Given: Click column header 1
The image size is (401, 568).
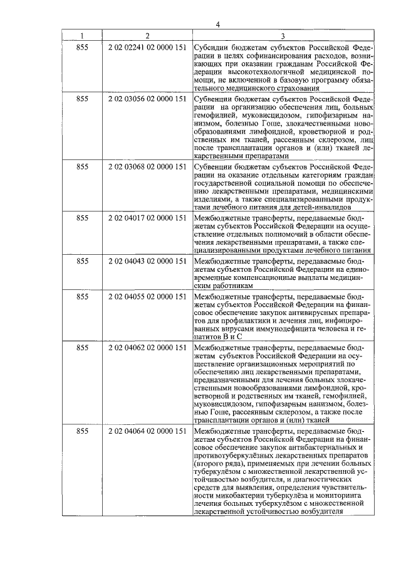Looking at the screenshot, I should pyautogui.click(x=81, y=36).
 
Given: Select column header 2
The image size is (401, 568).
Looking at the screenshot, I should pyautogui.click(x=147, y=36).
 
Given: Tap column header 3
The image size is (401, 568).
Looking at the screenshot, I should pyautogui.click(x=283, y=36).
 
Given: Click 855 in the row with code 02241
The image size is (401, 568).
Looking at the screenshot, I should pyautogui.click(x=82, y=47).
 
